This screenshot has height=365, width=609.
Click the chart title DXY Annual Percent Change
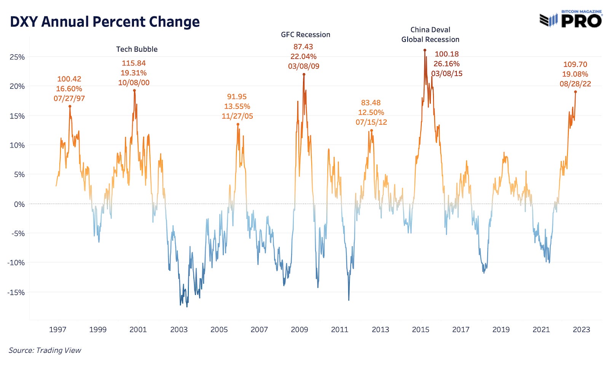click(x=105, y=22)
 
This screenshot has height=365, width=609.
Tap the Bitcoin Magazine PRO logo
click(x=571, y=19)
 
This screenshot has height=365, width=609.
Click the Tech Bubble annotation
click(x=137, y=49)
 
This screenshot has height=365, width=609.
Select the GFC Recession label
click(x=305, y=35)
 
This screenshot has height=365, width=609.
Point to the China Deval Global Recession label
click(x=430, y=35)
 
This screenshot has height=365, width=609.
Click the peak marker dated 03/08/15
click(x=425, y=50)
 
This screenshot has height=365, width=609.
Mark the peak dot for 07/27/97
click(x=70, y=106)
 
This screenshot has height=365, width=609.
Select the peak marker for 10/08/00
click(x=134, y=90)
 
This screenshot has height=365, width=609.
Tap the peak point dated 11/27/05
click(x=238, y=124)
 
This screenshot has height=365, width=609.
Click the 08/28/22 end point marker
click(x=576, y=92)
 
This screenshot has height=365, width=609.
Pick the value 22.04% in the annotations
click(x=303, y=56)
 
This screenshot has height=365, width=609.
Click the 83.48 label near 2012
click(x=371, y=103)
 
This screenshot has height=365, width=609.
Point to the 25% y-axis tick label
click(x=17, y=57)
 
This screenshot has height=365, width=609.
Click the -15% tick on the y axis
click(x=16, y=292)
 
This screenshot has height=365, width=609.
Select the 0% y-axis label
click(x=19, y=204)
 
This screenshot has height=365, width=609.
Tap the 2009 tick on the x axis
click(x=299, y=329)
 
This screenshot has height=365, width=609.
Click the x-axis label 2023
click(x=581, y=329)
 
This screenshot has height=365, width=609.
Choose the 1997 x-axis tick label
click(x=57, y=329)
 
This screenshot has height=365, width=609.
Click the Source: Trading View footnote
click(x=45, y=350)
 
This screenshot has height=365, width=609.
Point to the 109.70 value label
click(x=575, y=64)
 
